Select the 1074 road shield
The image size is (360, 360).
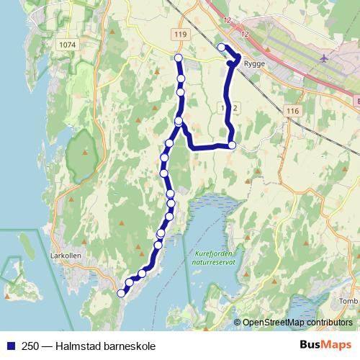[x=68, y=45]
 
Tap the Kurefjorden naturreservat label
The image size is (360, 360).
[x=215, y=258]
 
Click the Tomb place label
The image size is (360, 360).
[x=348, y=301]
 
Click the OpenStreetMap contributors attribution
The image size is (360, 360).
[x=297, y=322]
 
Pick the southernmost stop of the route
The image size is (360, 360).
[x=122, y=292]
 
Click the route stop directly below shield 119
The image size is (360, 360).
[x=178, y=58]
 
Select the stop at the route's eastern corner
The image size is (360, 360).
[x=232, y=145]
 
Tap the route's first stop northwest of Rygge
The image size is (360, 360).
[x=220, y=48]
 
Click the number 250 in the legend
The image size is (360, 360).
[x=31, y=346]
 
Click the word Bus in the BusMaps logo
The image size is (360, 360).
[x=311, y=345]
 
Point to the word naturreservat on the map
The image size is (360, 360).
[x=215, y=263]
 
